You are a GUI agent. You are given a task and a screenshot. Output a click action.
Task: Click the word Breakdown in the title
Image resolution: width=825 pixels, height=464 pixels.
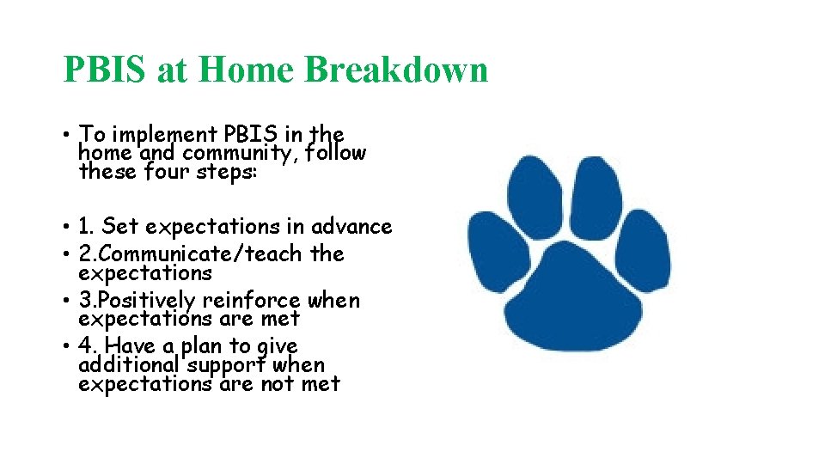point(396,70)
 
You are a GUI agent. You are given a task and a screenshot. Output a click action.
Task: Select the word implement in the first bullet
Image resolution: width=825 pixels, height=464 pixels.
point(165,135)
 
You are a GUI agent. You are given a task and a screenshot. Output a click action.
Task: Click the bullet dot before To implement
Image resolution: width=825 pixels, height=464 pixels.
point(65,136)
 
